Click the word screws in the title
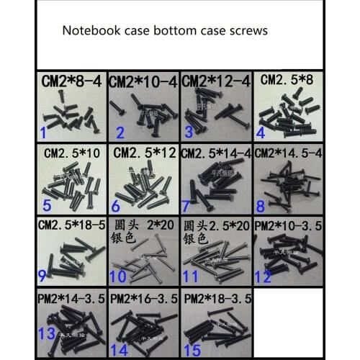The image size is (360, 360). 245,31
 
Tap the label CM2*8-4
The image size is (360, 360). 72,81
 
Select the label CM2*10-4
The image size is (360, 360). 143,82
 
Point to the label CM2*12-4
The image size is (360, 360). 215,81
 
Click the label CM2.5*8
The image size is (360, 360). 287,79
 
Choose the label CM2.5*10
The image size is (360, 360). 72,153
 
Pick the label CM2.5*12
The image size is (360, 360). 143,153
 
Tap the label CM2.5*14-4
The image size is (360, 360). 215,153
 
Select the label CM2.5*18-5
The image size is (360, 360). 72,225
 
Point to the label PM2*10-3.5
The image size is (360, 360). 287,225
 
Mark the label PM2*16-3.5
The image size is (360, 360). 143,297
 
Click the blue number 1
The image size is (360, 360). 44,132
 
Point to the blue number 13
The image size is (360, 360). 48,333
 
